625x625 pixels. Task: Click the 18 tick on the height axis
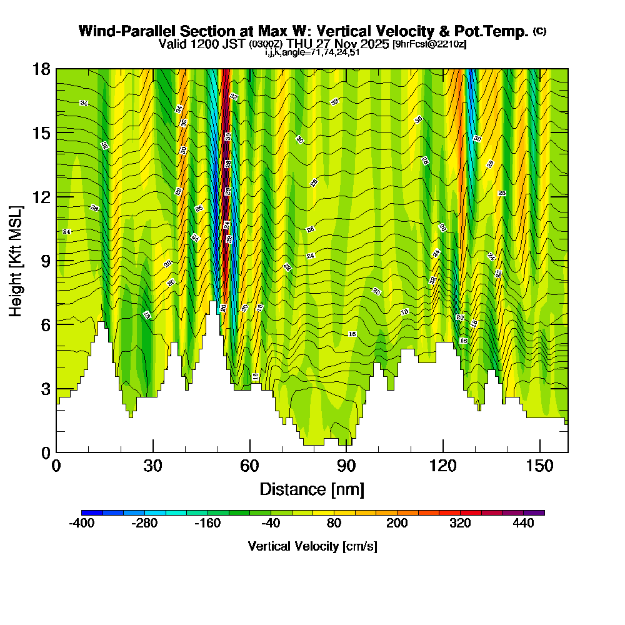coord(42,69)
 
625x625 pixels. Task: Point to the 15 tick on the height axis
coord(42,132)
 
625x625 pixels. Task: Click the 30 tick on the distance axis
coord(153,466)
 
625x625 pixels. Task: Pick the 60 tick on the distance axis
coord(249,466)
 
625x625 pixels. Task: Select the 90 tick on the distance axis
coord(346,466)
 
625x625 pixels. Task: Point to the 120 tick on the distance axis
coord(442,466)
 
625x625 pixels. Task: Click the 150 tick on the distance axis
coord(539,466)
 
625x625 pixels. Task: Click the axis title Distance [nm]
coord(312,489)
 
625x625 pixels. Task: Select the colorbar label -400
coord(81,524)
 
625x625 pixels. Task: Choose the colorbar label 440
coord(524,524)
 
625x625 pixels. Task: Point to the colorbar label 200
coord(397,524)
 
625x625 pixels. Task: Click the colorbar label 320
coord(460,524)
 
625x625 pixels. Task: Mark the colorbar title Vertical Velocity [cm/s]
coord(312,546)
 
